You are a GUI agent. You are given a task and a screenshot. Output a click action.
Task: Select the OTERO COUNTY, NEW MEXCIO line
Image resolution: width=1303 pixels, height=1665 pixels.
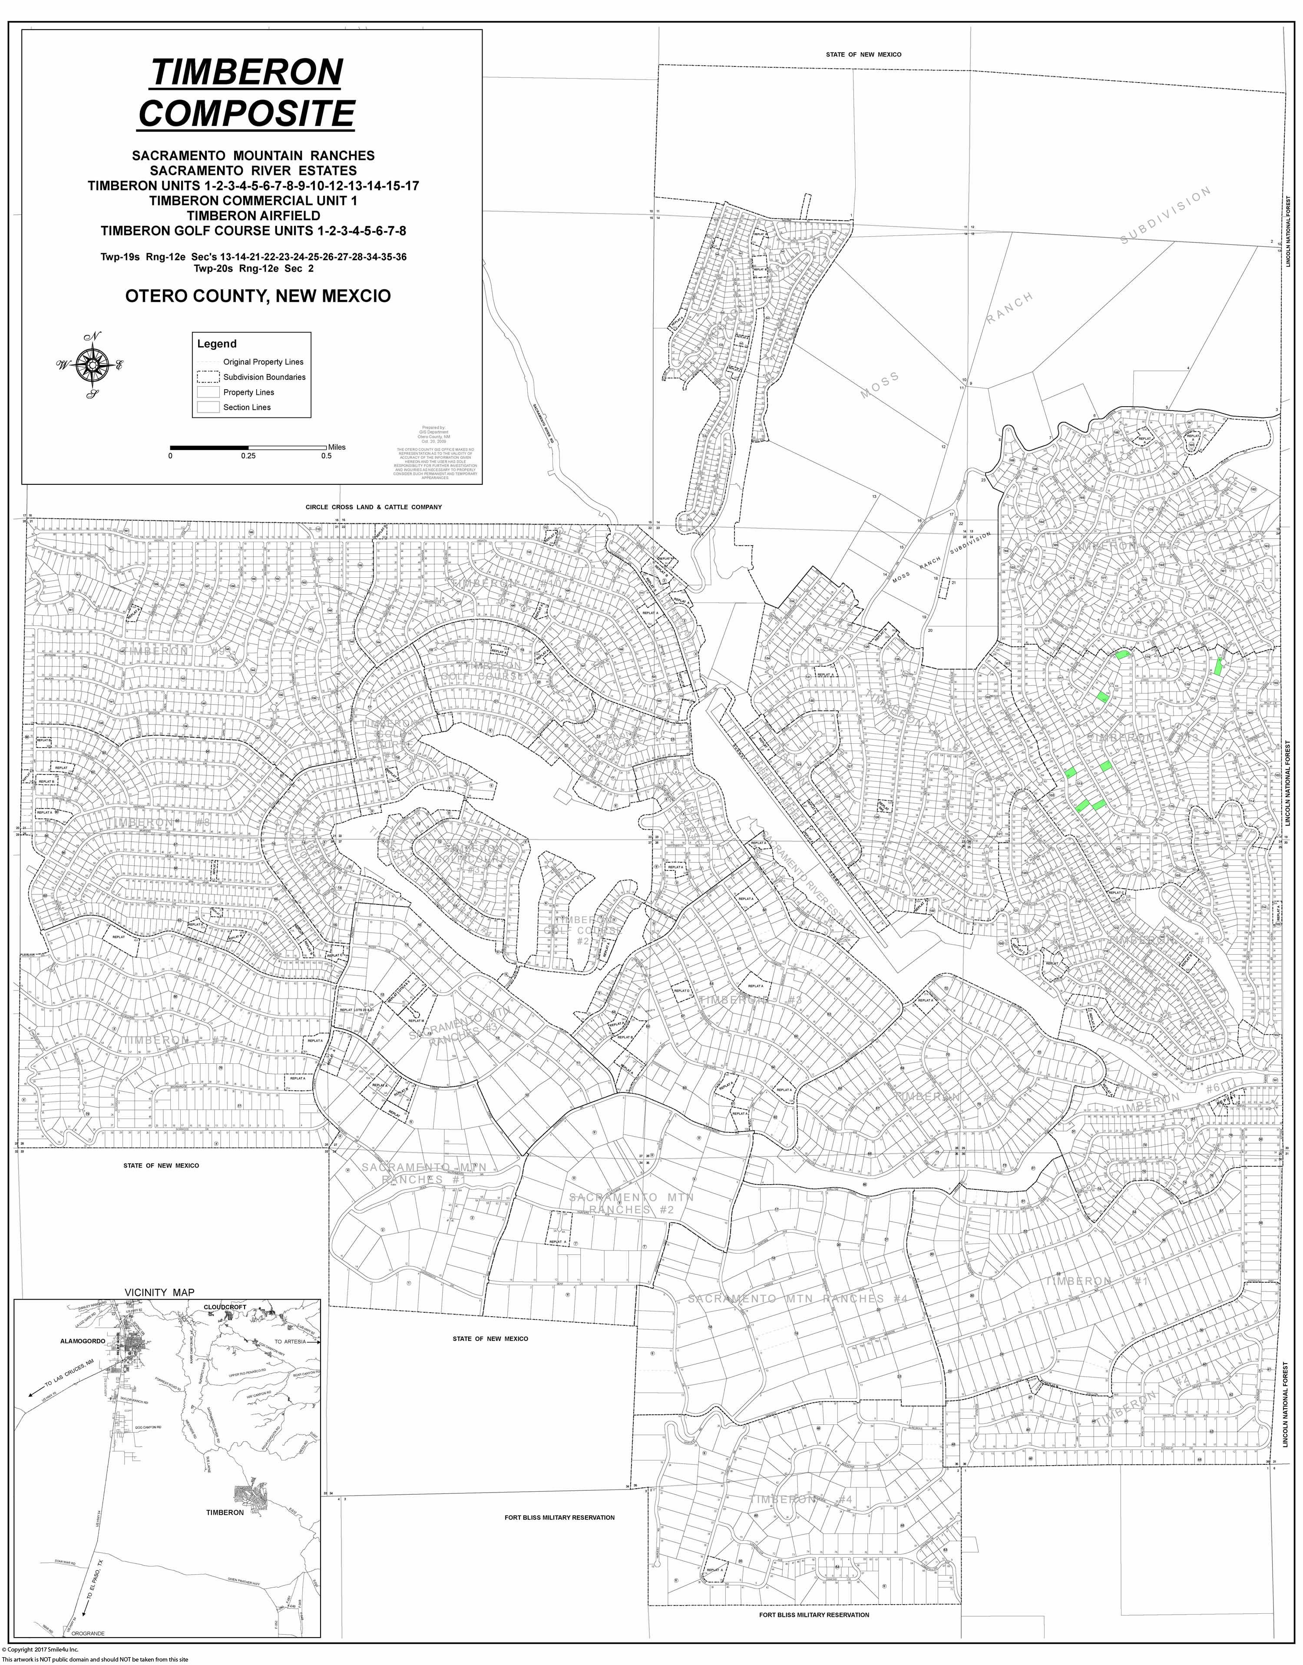pos(258,296)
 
